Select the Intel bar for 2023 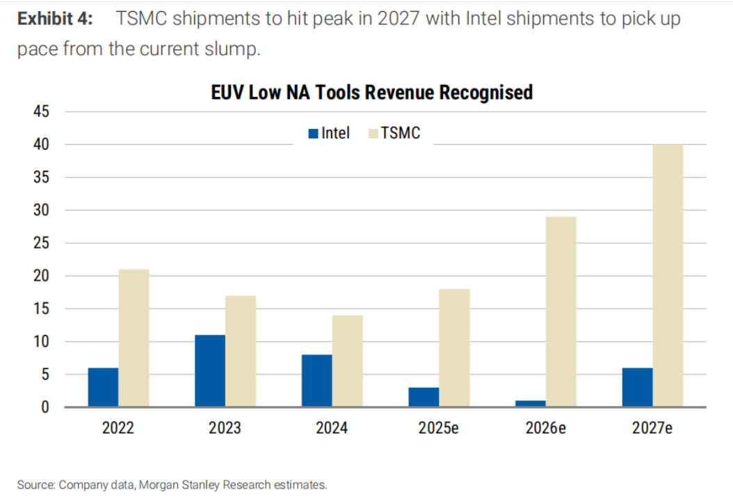(210, 371)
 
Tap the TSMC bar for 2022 (134, 338)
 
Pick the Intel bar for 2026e (531, 404)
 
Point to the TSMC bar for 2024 (347, 361)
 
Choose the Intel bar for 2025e (424, 397)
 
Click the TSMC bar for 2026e (561, 312)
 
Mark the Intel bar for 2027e (637, 387)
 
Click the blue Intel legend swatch (313, 133)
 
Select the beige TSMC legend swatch (372, 133)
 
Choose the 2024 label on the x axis (332, 428)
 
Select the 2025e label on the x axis (438, 428)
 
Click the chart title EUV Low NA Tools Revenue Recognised (371, 93)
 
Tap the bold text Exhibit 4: (54, 19)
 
